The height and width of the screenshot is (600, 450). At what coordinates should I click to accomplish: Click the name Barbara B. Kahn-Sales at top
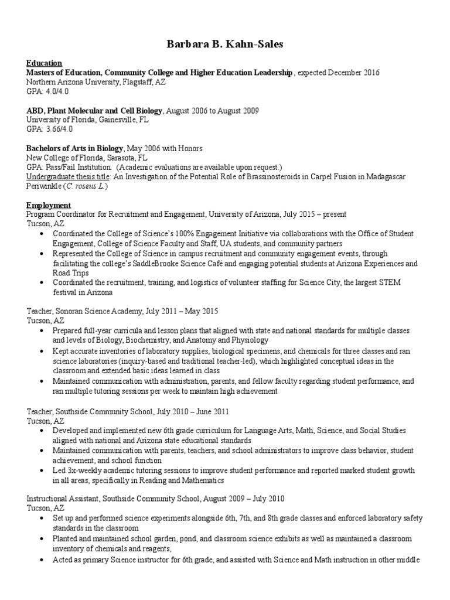point(225,43)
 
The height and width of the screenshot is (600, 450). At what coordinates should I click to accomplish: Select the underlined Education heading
point(44,63)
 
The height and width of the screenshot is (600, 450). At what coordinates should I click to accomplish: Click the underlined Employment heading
point(49,206)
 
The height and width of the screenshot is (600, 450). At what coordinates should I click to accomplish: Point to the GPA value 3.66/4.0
point(58,129)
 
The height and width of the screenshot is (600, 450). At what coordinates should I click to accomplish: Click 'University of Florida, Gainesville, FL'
point(87,120)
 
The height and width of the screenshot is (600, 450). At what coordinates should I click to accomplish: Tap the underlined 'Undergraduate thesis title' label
point(69,177)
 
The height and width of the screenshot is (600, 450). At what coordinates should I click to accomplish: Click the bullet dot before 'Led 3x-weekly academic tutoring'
point(42,471)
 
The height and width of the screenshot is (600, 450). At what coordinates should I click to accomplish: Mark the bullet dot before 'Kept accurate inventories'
point(42,352)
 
